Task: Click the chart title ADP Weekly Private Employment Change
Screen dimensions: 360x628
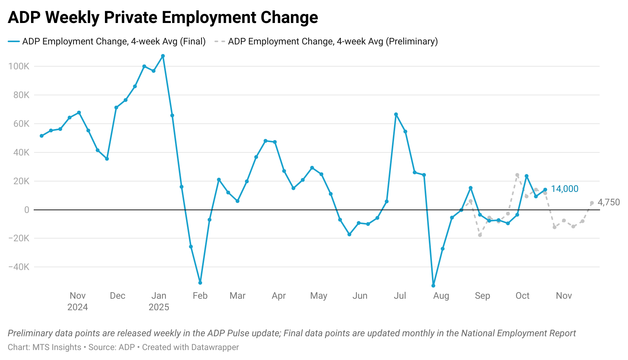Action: point(163,18)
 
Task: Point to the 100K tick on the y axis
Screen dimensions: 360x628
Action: point(19,66)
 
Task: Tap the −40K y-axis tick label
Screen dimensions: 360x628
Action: point(19,267)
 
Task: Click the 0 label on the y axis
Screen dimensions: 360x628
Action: point(26,210)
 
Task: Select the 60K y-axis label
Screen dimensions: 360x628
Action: point(21,124)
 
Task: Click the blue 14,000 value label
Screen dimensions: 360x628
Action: point(564,189)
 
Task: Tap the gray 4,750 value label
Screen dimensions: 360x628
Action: point(608,202)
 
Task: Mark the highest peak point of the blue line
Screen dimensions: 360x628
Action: point(163,56)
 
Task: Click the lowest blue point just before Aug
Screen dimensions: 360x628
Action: point(433,286)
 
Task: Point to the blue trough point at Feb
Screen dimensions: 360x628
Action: point(200,283)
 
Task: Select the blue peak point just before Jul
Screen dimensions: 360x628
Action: point(396,115)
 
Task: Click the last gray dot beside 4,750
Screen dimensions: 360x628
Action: point(592,203)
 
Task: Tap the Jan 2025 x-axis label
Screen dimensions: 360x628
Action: point(159,301)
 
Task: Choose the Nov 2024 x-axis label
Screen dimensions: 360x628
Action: point(78,301)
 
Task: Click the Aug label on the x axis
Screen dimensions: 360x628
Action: point(441,296)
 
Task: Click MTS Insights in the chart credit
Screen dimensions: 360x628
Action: point(57,347)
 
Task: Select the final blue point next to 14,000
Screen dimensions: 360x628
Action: point(545,190)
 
